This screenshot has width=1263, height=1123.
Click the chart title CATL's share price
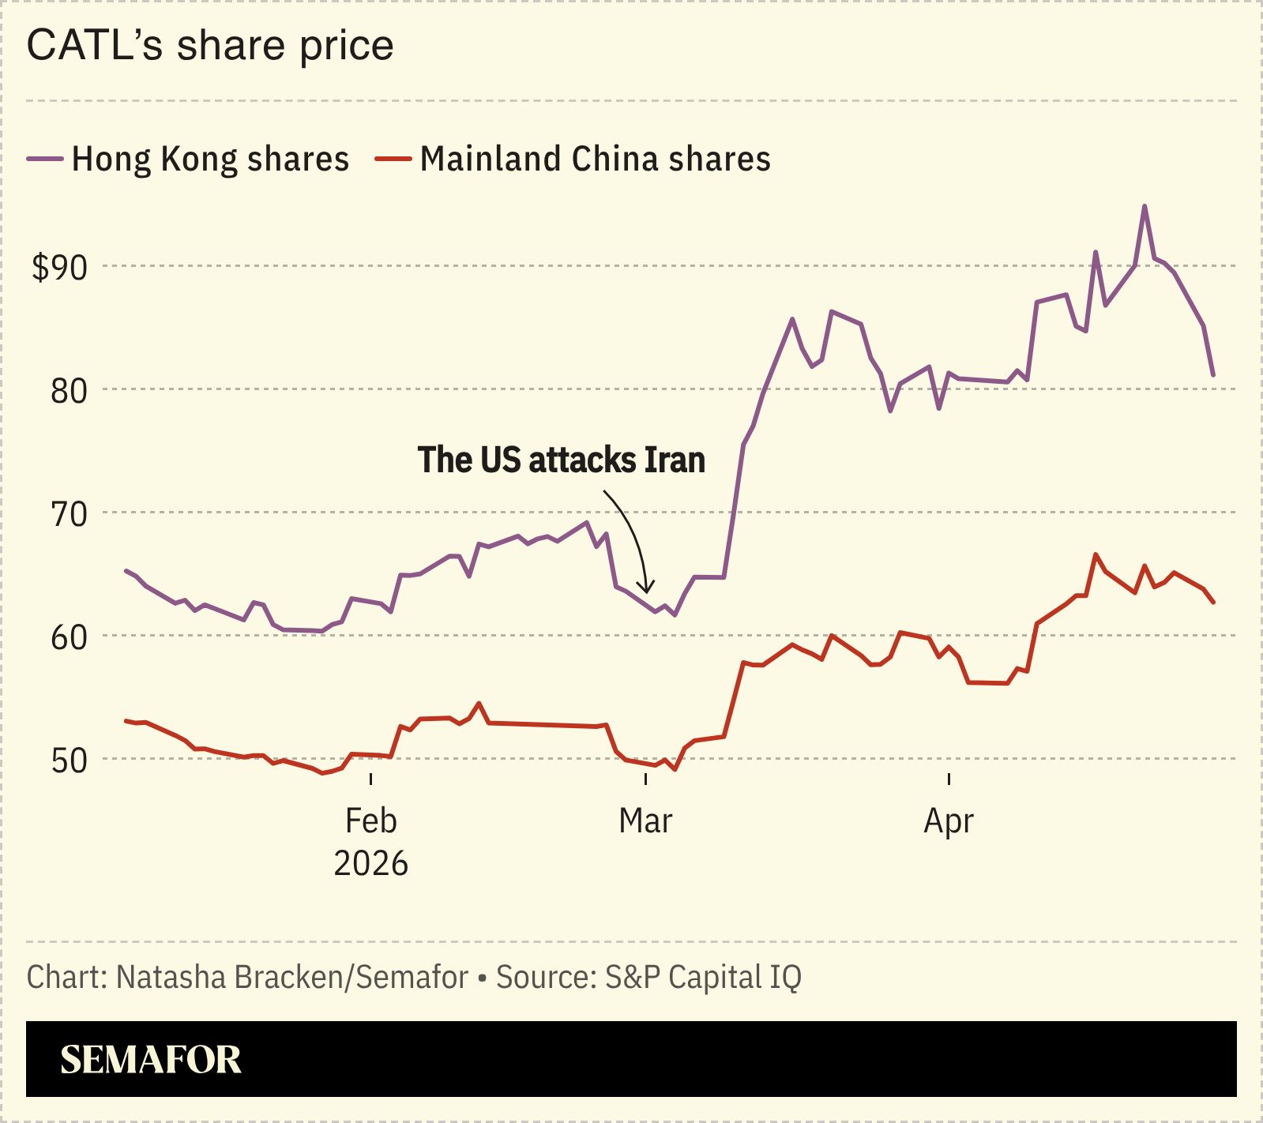click(x=210, y=45)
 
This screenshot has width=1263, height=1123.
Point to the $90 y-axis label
click(x=59, y=268)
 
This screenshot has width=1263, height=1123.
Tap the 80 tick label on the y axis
click(x=69, y=390)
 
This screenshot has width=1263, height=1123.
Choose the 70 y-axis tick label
click(x=69, y=513)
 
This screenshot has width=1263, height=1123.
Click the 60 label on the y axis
click(x=69, y=637)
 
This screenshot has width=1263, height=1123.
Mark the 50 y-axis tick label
click(x=69, y=760)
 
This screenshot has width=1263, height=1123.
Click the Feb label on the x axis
click(x=370, y=821)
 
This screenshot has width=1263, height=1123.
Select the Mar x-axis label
click(x=645, y=821)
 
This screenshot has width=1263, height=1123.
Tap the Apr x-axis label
click(x=948, y=821)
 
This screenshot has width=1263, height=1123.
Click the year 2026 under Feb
click(x=370, y=864)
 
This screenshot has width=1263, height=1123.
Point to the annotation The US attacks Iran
click(x=561, y=460)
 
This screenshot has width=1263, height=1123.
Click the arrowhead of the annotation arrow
click(x=647, y=588)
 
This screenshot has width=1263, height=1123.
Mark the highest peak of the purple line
click(x=1145, y=206)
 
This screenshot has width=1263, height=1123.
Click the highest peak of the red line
click(x=1095, y=554)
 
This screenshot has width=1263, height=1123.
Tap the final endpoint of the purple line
click(x=1213, y=375)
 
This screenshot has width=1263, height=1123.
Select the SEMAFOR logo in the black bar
click(x=150, y=1060)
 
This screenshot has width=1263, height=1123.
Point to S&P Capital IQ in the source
click(x=703, y=978)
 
